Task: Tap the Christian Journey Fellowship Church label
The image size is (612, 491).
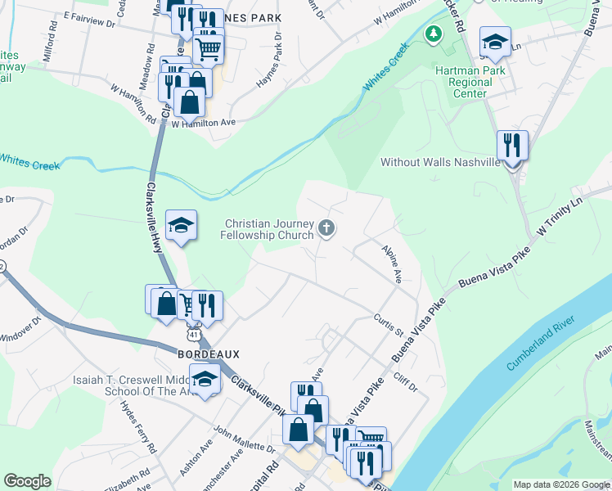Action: tap(268, 229)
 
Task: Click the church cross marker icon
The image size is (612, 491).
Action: tap(326, 228)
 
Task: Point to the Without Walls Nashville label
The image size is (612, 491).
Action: tap(440, 162)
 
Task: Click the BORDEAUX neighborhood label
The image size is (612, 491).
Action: tap(209, 354)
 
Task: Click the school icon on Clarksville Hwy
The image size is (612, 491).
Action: tap(182, 226)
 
